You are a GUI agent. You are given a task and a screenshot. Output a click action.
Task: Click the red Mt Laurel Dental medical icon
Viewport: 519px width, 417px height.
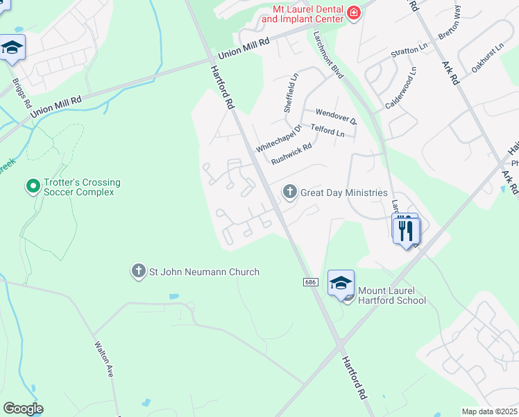(354, 13)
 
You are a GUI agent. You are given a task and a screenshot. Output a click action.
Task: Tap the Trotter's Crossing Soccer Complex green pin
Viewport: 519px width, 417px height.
(32, 186)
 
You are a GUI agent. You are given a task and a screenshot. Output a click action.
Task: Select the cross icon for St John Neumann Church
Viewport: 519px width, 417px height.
(139, 271)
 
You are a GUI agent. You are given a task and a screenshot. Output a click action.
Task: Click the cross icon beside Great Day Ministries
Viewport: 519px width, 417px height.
(289, 191)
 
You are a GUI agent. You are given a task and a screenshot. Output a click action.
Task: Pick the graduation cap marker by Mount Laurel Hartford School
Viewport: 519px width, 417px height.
(341, 284)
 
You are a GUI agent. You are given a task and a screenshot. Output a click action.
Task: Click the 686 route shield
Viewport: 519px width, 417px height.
(310, 282)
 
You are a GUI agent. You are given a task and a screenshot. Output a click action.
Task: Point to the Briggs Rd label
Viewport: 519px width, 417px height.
(22, 92)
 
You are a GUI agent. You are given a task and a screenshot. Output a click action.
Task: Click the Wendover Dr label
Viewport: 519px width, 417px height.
(336, 115)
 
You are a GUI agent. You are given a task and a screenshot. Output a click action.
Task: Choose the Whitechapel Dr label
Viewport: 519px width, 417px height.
(279, 139)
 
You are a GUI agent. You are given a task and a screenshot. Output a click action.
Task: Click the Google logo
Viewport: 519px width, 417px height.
(23, 409)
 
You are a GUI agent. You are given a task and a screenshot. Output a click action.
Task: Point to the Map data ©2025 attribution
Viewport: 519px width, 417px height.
(489, 411)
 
